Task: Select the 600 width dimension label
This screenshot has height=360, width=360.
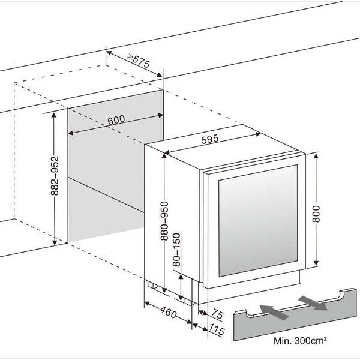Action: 116,119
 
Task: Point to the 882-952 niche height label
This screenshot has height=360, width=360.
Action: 55,179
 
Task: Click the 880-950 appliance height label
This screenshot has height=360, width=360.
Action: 164,220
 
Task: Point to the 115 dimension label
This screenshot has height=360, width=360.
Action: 216,331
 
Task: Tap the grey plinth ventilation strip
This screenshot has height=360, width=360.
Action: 288,318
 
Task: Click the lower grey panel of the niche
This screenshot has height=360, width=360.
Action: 105,210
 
